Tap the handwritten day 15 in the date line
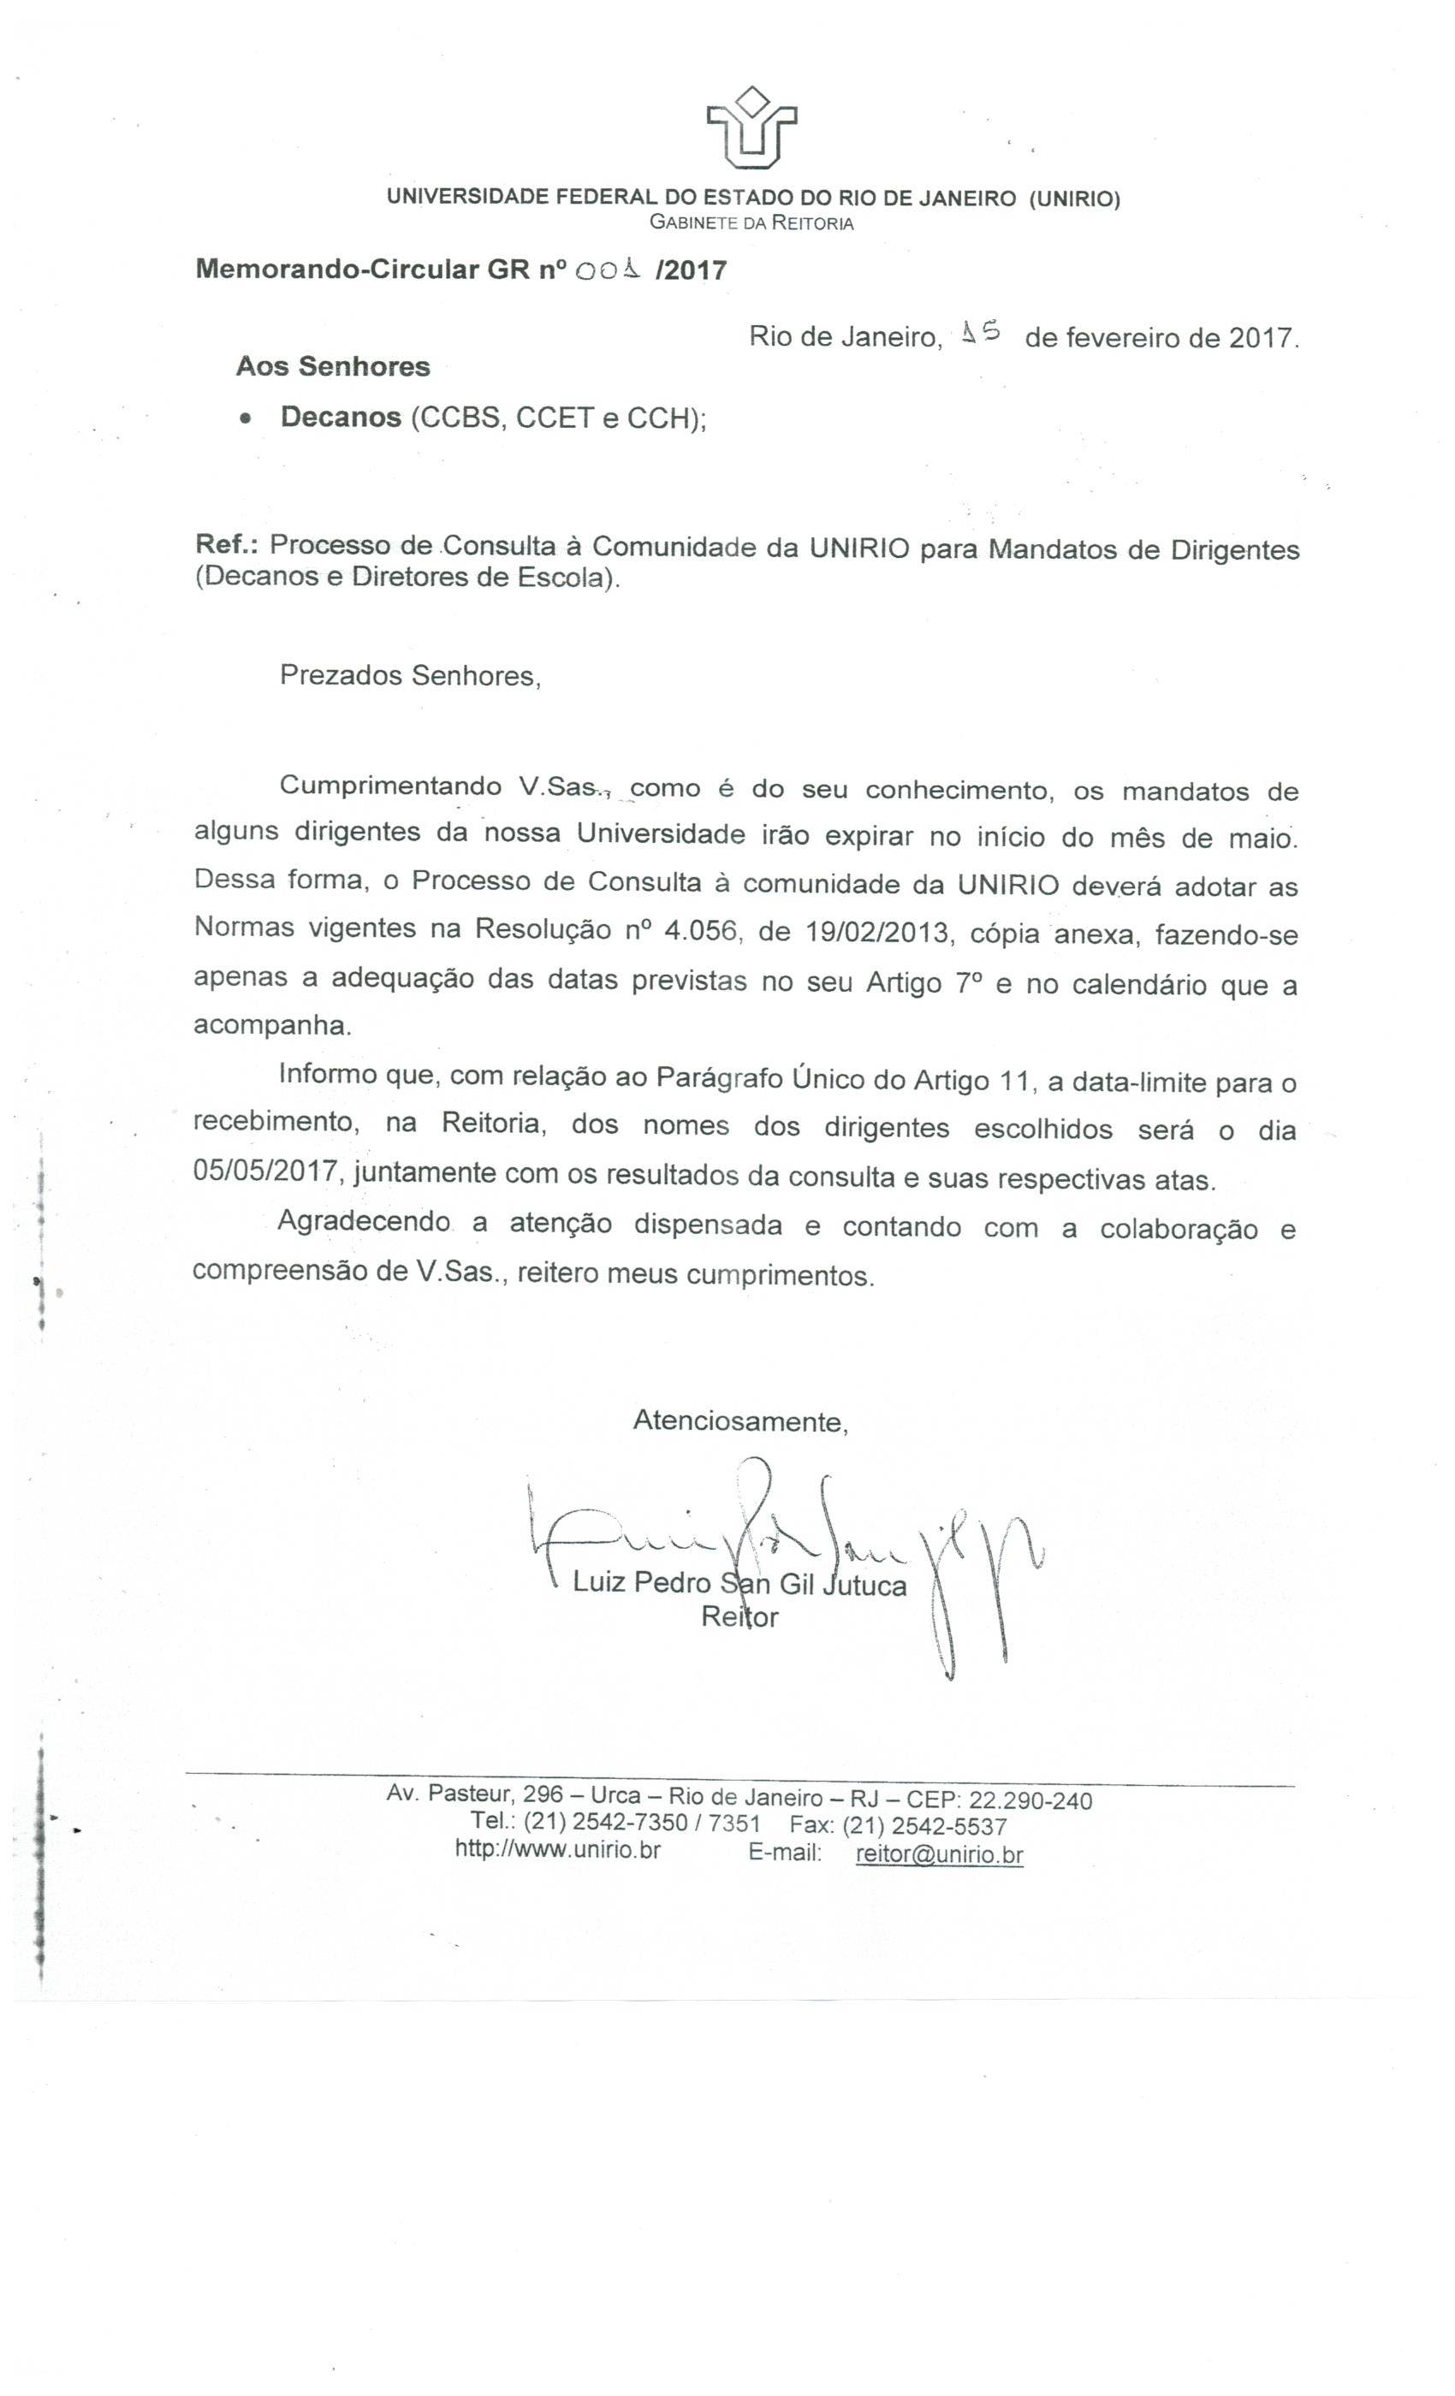coord(979,334)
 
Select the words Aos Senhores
coord(333,366)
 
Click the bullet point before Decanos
coord(246,419)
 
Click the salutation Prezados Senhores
coord(409,676)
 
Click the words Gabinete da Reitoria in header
coord(751,223)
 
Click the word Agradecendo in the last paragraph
coord(364,1222)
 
